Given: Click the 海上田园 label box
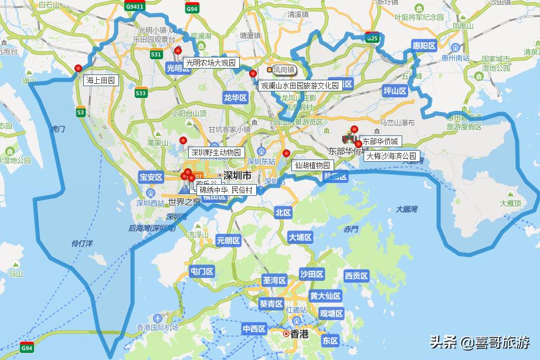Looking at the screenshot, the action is coord(101,80).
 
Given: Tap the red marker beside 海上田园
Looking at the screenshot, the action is coord(79,69).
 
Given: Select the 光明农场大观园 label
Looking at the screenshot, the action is coord(210,63).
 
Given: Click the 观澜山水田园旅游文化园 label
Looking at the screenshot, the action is coord(300,86).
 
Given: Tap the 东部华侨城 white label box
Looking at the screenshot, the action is coord(380,141).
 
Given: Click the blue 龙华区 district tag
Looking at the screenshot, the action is coord(235,98).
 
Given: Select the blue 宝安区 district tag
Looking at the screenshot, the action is coord(151,176).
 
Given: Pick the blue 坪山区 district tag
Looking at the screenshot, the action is coord(395,91).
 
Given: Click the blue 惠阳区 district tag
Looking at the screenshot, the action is coord(423,45).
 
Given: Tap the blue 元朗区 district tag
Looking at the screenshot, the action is coord(228,240).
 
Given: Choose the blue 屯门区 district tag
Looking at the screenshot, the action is coord(202,271).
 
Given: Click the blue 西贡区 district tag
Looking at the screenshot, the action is coord(356,276).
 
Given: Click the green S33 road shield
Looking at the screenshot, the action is coord(141,93).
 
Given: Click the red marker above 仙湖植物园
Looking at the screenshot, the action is coord(286,154).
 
